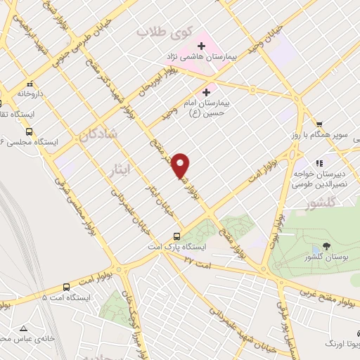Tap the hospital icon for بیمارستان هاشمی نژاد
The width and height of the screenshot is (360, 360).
[x=201, y=46]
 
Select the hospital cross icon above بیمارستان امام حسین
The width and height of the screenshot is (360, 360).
[x=206, y=91]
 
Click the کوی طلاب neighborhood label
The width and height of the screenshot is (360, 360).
[x=154, y=32]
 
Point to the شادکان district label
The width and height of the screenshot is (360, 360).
[x=99, y=133]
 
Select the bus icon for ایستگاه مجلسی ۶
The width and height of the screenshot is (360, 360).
[x=29, y=131]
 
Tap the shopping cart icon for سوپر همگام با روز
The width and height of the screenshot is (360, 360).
[x=319, y=124]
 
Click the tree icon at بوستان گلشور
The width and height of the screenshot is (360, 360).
[x=325, y=246]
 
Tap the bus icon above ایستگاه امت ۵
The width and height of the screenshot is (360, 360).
[x=66, y=286]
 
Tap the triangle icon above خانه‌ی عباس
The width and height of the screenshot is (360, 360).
[x=25, y=328]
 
